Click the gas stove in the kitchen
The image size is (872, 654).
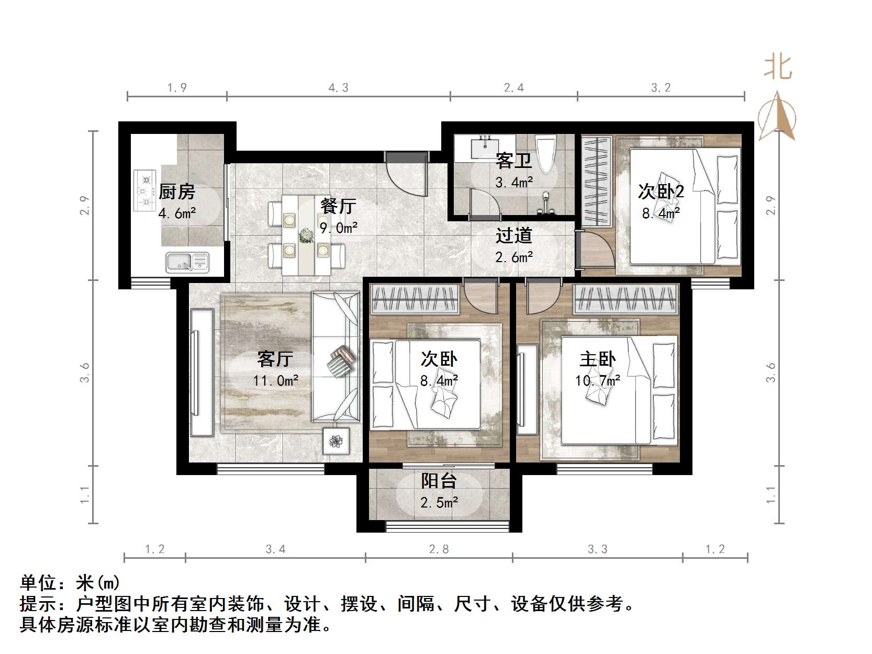coord(145,190)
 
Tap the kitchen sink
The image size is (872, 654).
coord(187,262)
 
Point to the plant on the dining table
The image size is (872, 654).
coord(305,236)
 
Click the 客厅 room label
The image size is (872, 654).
coord(275,359)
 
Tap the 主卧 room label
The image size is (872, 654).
coord(597,359)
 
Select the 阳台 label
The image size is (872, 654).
coord(439,480)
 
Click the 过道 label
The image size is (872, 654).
coord(514,235)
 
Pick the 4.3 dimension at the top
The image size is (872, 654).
coord(338,88)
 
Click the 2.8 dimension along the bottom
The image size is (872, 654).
coord(439,549)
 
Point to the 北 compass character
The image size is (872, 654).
coord(778,68)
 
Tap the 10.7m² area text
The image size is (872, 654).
coord(597,381)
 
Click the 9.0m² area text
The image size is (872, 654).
coord(338,228)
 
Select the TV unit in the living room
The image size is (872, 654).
coord(202,372)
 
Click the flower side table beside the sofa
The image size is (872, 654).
coord(336,441)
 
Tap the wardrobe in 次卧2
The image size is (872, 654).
coord(597,181)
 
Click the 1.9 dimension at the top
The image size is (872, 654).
coord(177,88)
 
